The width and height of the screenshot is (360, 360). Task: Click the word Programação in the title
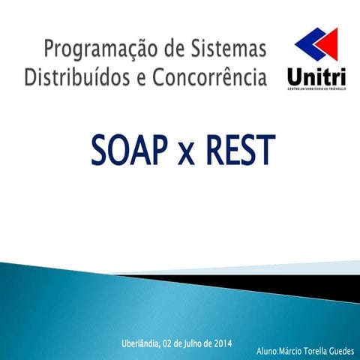pos(92,52)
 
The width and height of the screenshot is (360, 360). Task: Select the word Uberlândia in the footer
pos(139,344)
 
